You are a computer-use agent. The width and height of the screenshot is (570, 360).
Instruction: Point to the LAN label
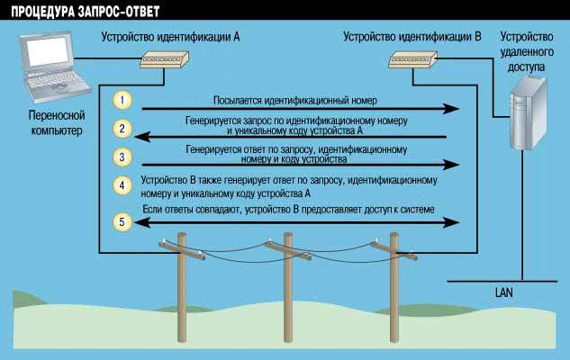(x=504, y=292)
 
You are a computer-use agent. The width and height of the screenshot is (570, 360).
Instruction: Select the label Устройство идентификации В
(x=412, y=38)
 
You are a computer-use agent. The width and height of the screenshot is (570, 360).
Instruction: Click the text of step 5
(x=288, y=210)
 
